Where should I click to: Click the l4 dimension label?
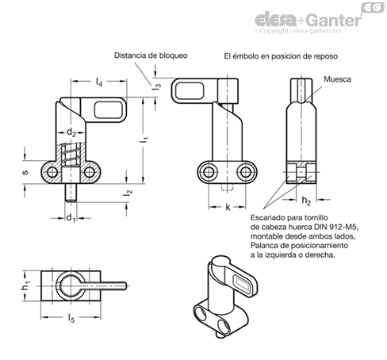(x=99, y=82)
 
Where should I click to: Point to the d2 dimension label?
(x=71, y=132)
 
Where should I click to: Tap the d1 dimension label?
(x=71, y=218)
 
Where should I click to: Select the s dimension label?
(x=25, y=173)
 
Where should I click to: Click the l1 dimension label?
(x=144, y=140)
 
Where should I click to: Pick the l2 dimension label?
(x=128, y=193)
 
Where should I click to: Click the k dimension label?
(x=228, y=207)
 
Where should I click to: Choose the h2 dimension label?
(x=306, y=201)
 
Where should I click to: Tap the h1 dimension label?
(x=25, y=285)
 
